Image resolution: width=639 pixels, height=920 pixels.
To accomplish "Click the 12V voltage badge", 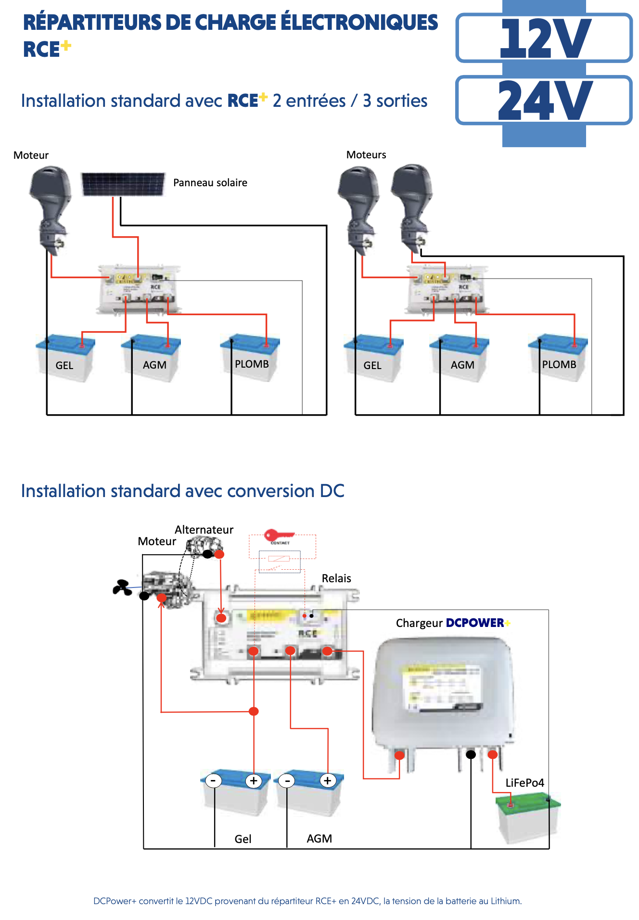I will click(x=544, y=38).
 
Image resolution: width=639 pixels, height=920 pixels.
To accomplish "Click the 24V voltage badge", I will click(x=544, y=100).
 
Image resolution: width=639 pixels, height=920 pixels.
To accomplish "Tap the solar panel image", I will click(x=123, y=184).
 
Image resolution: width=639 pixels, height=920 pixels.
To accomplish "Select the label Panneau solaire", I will click(x=210, y=183).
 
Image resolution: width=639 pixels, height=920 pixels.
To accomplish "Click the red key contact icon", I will click(x=279, y=536).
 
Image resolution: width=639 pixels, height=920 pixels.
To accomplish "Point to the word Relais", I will click(x=336, y=578).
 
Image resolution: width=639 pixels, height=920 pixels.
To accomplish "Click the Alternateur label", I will click(x=204, y=530).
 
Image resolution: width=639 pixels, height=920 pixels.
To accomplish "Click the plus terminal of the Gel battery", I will click(x=254, y=780).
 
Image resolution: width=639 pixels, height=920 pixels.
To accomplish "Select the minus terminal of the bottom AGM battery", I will click(x=287, y=780).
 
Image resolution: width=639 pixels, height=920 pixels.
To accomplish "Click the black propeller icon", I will click(x=122, y=588).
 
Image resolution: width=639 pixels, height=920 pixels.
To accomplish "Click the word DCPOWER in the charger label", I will click(x=475, y=623).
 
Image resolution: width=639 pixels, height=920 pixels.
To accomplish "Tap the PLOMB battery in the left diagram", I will click(x=250, y=358).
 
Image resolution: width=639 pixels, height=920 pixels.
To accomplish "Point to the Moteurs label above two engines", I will click(x=366, y=155).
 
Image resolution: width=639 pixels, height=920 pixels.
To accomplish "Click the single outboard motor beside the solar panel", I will click(x=51, y=207).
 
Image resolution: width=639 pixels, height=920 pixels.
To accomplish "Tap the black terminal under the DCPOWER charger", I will click(x=471, y=754).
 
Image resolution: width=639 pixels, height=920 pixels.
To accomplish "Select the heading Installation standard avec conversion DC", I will click(x=182, y=491).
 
